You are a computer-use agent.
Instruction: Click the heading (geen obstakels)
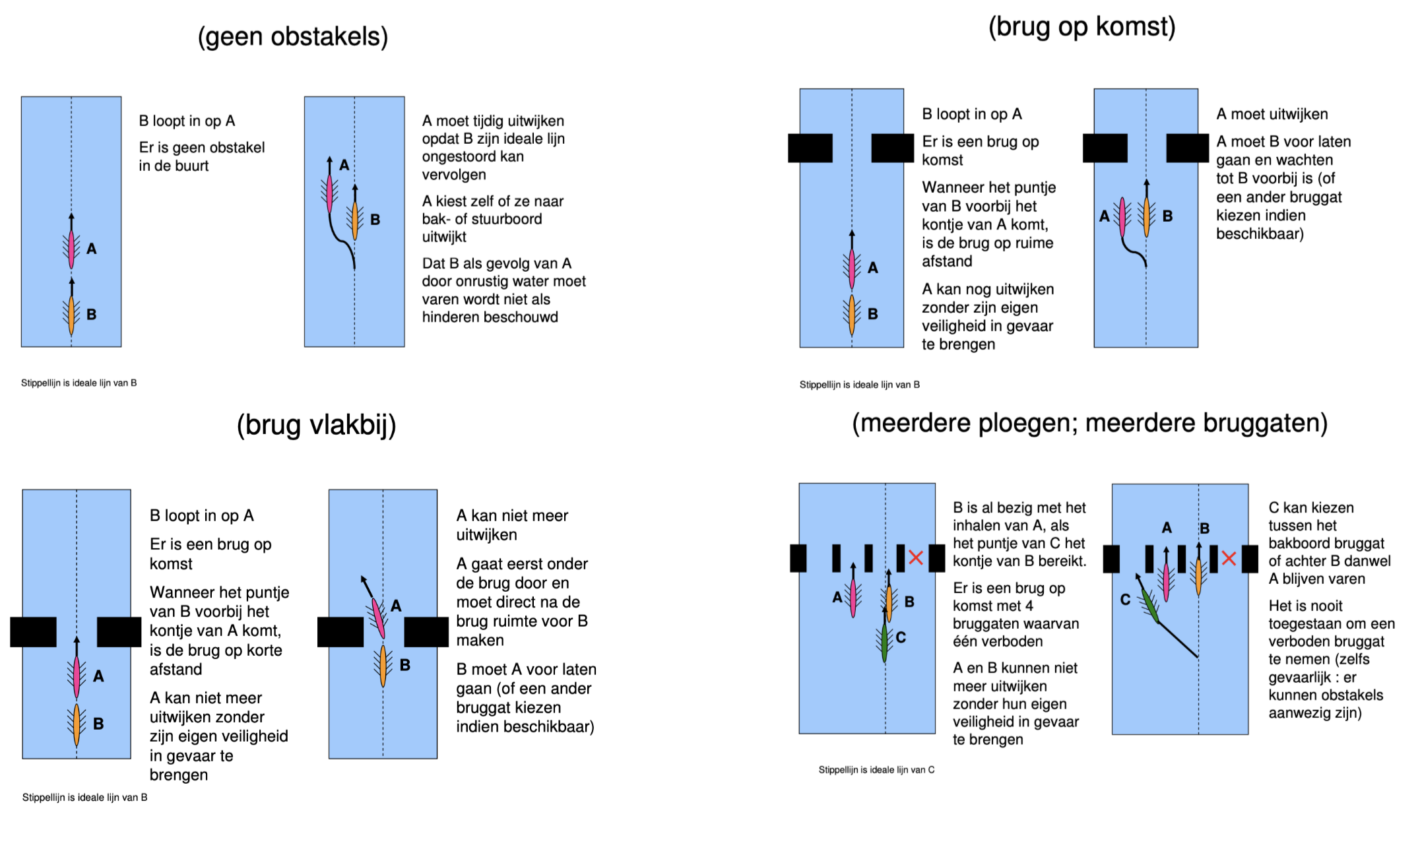292,37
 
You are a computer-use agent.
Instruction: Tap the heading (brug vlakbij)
316,426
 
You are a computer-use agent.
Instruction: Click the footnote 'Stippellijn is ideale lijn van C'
876,770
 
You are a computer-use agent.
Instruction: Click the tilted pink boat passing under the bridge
378,617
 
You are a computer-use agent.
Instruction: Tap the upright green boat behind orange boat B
884,643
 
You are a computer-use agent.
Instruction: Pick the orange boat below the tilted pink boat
383,666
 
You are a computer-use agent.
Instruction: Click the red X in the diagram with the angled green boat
1228,559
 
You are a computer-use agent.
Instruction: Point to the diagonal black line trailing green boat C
1178,639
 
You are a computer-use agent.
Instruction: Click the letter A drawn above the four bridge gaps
1167,528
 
